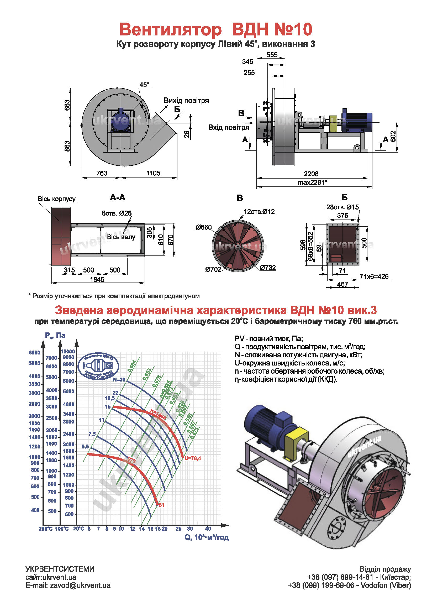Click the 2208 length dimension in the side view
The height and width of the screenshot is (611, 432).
[311, 174]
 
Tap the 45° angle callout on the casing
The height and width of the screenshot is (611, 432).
[144, 85]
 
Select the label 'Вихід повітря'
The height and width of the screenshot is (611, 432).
[186, 101]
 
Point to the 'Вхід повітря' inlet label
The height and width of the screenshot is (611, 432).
[228, 127]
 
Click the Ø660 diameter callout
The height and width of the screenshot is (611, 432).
[203, 227]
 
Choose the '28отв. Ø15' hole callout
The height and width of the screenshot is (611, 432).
[342, 207]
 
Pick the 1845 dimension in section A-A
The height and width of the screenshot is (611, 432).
[97, 279]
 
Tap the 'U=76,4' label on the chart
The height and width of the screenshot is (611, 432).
[193, 458]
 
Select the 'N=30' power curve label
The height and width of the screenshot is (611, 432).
[119, 379]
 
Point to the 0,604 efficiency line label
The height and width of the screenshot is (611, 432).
[132, 366]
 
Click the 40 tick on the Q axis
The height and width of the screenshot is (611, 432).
[208, 529]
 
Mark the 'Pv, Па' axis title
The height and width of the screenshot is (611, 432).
[55, 335]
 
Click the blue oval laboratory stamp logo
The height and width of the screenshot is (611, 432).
[98, 366]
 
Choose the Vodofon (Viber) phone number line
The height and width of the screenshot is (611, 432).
[349, 586]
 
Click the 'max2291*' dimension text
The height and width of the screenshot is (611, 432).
[312, 182]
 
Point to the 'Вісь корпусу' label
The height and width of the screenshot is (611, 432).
[56, 199]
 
